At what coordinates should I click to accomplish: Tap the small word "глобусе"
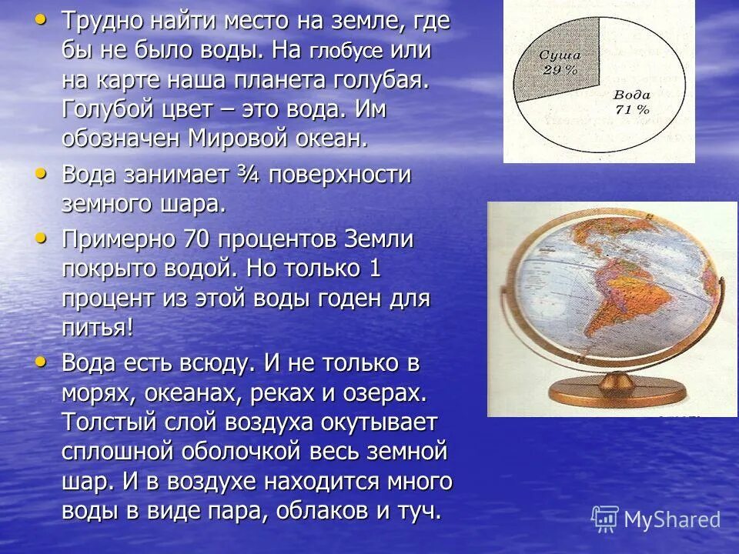pos(346,52)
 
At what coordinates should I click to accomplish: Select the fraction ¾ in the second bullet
pos(249,175)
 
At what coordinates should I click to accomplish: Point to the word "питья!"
pos(98,327)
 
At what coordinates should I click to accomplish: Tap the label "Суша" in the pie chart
pos(558,55)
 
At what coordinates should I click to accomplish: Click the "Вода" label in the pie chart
pos(633,95)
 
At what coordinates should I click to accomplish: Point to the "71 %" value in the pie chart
pos(632,109)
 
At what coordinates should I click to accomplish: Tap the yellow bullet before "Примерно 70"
pos(41,239)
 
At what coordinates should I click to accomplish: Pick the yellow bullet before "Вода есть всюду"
pos(41,361)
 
